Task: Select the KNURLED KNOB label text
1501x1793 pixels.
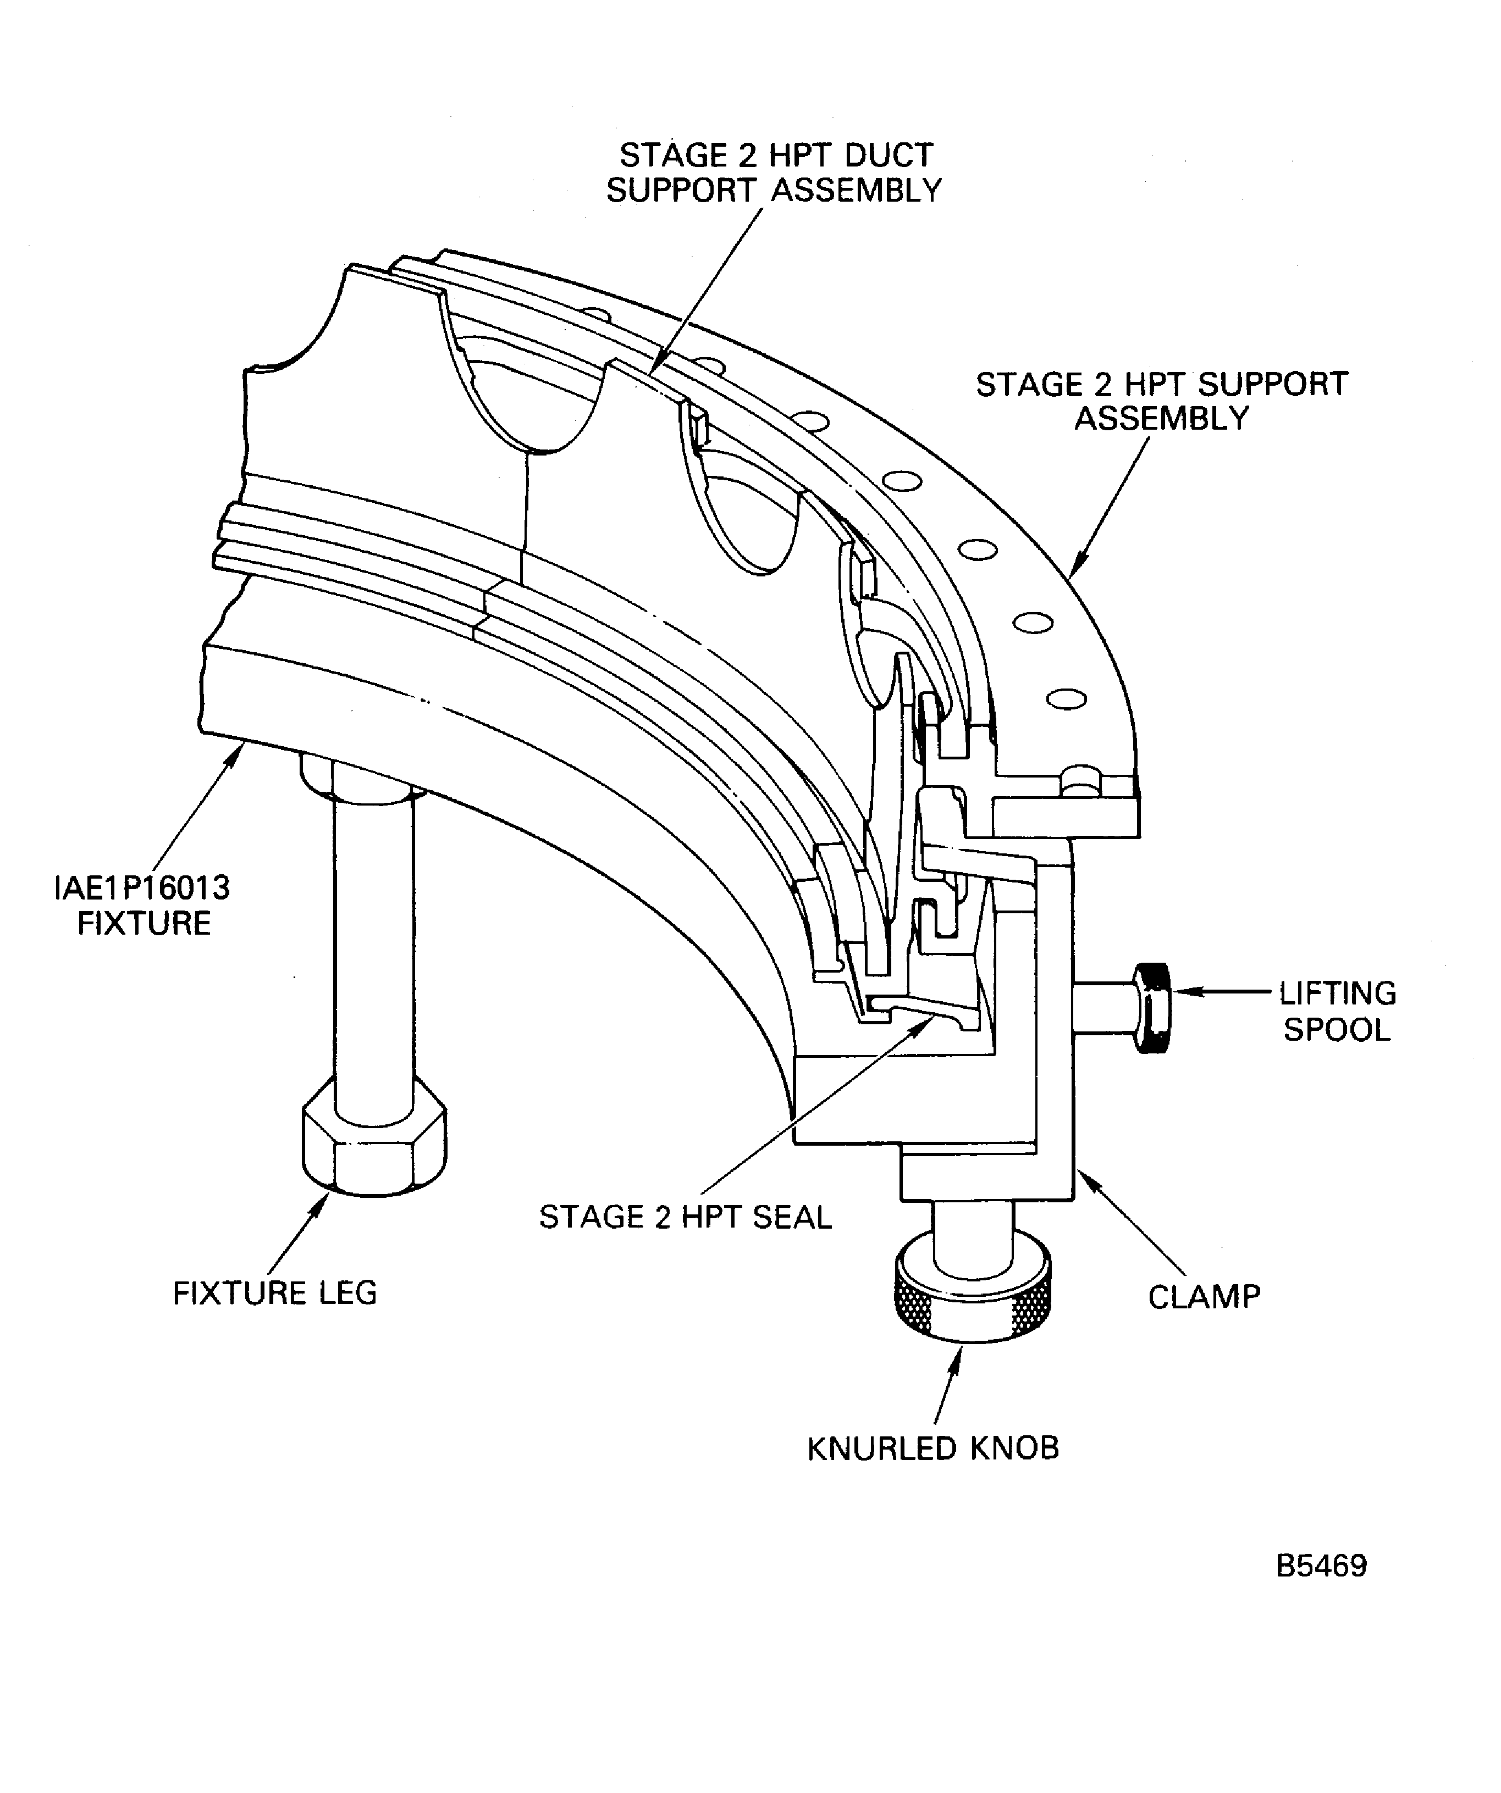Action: pos(933,1449)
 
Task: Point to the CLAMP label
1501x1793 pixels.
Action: pos(1204,1297)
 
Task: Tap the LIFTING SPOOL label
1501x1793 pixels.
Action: pos(1337,1012)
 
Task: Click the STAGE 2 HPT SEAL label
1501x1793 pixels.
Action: pos(685,1217)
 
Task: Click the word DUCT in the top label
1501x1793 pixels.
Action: pos(889,156)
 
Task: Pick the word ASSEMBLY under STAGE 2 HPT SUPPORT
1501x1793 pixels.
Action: pos(1161,419)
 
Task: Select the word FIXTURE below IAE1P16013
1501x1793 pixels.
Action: pos(144,924)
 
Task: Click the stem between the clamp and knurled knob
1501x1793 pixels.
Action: pos(972,1229)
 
